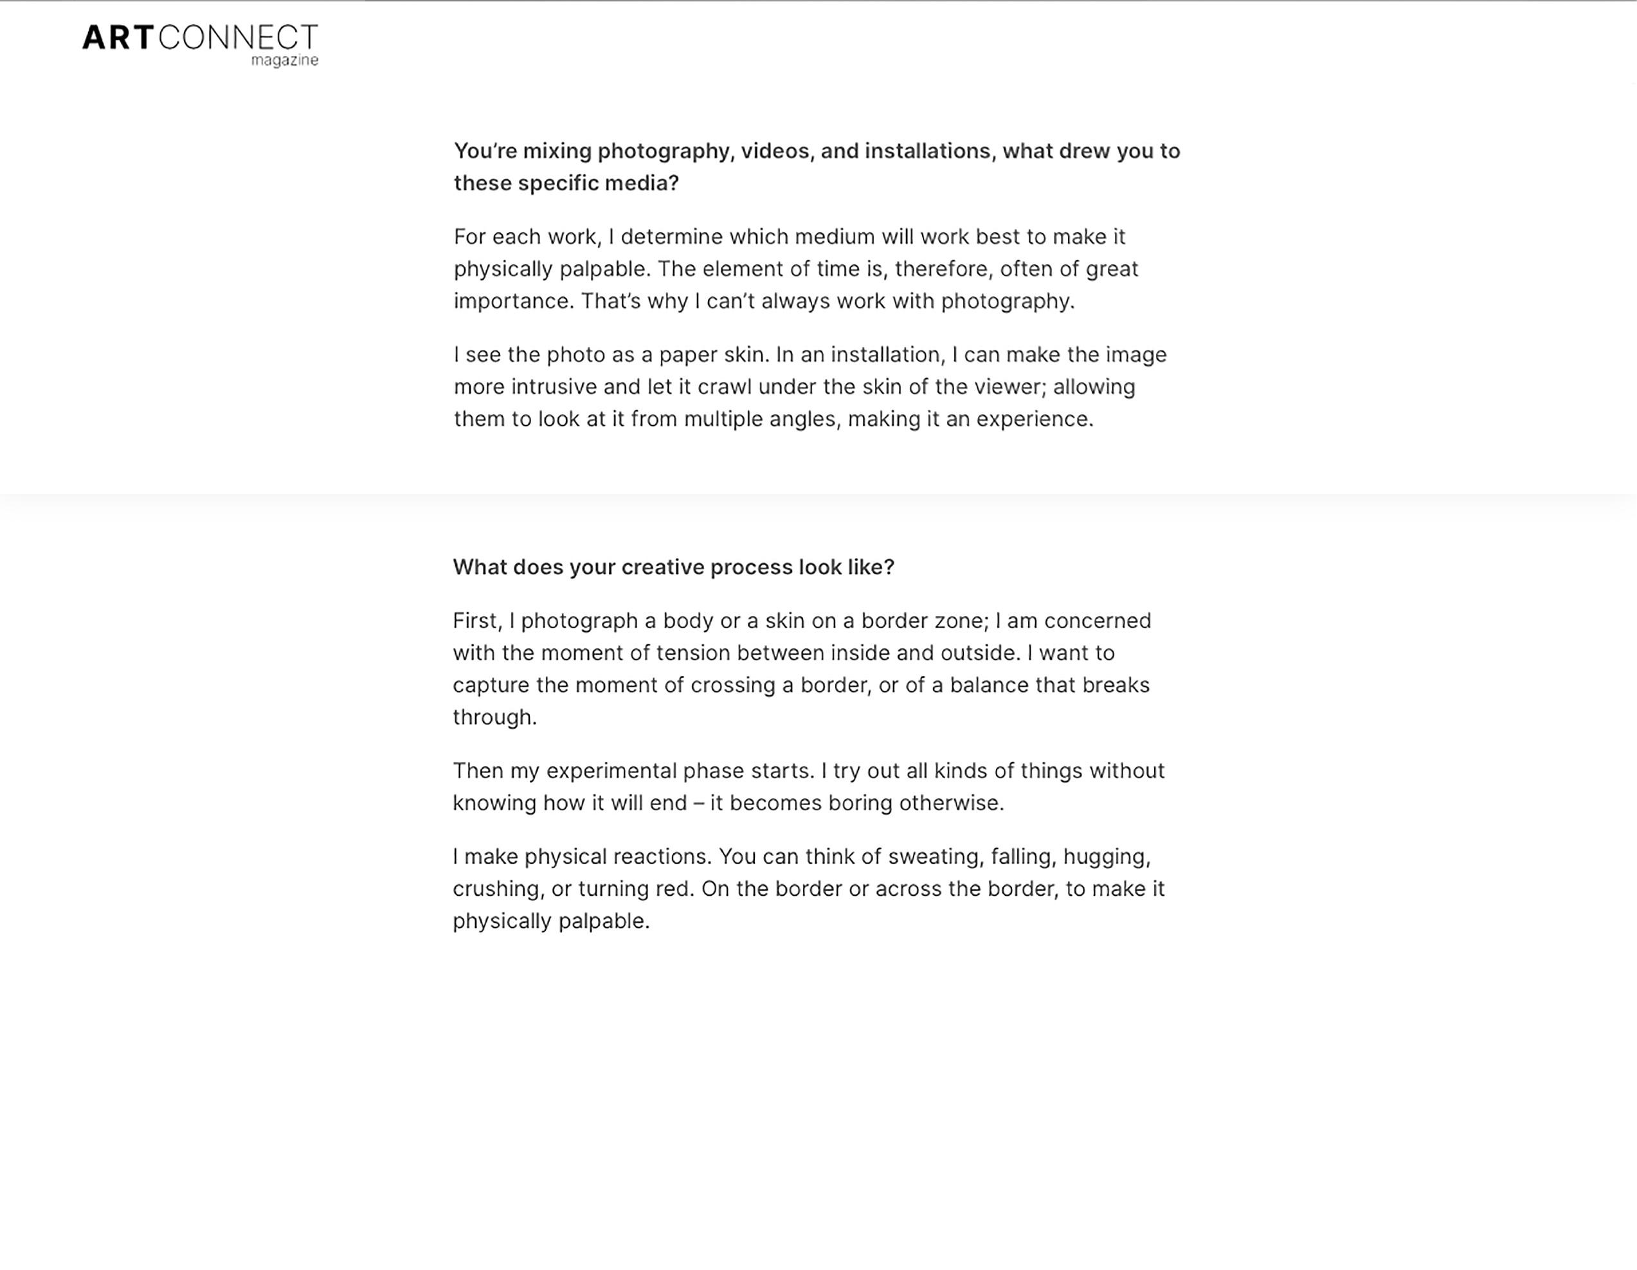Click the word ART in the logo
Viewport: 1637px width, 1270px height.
118,37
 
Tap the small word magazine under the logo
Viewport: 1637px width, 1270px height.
284,60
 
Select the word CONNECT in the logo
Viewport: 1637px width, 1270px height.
239,37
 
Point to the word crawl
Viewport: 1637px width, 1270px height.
724,387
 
